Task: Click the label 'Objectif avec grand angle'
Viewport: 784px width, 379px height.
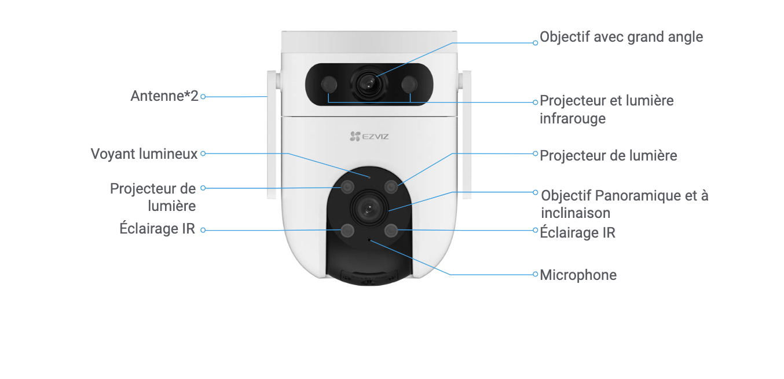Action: point(621,37)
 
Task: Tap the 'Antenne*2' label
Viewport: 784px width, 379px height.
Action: point(164,96)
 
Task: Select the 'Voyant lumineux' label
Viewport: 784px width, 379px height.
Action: point(144,154)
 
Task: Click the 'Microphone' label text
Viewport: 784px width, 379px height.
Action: point(578,275)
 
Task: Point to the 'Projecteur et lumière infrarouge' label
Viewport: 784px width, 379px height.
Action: point(606,110)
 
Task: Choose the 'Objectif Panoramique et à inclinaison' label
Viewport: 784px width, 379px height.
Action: point(624,203)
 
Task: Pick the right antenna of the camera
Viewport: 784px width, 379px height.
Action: point(464,134)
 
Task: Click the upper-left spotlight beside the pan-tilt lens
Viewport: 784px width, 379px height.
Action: point(347,187)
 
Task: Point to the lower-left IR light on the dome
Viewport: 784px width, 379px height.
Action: point(347,231)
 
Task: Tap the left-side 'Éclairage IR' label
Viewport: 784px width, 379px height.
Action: point(157,228)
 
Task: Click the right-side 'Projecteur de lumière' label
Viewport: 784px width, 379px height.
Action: point(608,155)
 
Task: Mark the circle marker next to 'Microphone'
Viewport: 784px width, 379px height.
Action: point(536,275)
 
